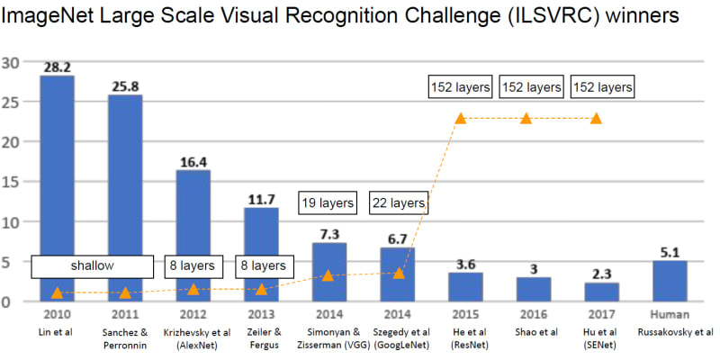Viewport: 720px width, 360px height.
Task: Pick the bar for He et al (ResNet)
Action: (465, 286)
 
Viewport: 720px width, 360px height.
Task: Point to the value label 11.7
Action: (261, 200)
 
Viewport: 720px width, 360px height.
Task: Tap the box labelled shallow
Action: (88, 266)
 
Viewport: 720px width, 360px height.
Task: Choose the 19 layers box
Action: (327, 203)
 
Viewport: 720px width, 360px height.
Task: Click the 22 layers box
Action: (397, 203)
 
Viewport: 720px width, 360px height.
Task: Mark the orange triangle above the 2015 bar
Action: (461, 118)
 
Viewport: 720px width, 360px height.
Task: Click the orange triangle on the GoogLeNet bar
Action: (399, 272)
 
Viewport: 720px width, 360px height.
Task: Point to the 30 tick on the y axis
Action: (11, 63)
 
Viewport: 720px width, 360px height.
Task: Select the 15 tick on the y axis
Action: (11, 182)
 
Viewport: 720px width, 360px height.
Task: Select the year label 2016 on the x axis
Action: (534, 315)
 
